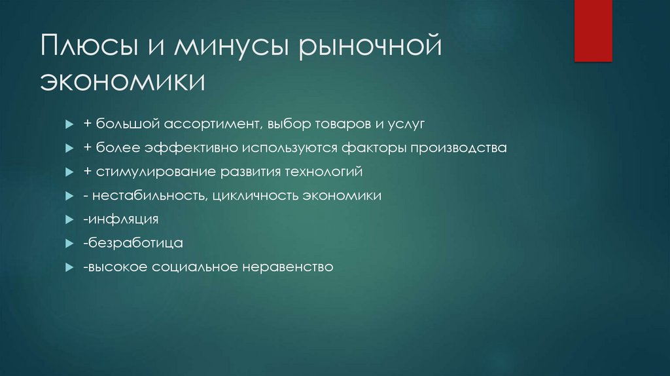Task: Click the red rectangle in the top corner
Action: click(x=593, y=30)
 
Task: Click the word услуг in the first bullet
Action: click(x=406, y=124)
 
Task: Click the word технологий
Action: click(x=323, y=172)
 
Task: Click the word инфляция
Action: click(x=123, y=219)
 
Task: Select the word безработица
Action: click(x=135, y=243)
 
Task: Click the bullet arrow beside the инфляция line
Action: click(x=69, y=219)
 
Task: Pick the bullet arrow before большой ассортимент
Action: click(x=69, y=124)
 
